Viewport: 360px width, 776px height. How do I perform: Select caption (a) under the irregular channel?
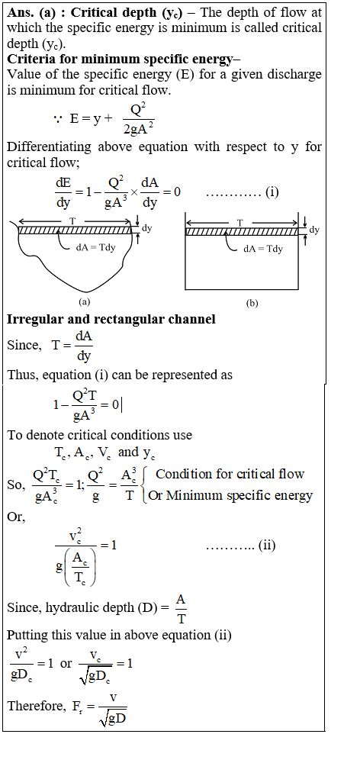84,301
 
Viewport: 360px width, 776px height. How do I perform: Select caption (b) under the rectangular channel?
252,304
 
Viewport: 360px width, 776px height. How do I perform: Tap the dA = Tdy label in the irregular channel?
95,247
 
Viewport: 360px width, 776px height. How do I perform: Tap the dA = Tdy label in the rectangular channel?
263,249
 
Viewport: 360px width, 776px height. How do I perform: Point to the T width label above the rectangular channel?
240,224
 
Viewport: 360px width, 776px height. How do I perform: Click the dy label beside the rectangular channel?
314,230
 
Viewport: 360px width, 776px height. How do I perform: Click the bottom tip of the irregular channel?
87,291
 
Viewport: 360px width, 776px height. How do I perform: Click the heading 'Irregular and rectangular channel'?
111,319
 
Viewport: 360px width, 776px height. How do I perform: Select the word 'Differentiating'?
49,147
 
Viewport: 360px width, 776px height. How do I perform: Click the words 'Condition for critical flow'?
230,474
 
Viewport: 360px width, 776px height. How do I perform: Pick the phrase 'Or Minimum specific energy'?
230,495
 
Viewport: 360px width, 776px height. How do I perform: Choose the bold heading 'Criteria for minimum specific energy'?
119,60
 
